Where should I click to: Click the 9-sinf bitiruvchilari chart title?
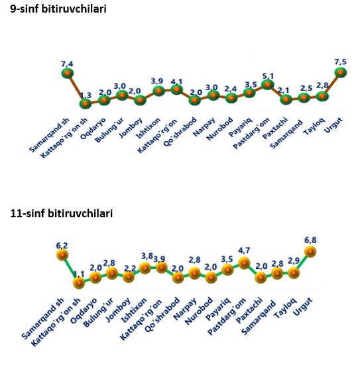58,9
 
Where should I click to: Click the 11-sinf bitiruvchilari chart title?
62,213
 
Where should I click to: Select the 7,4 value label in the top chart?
67,64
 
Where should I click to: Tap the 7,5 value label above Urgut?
340,62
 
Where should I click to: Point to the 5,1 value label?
268,76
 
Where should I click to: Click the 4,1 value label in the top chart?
176,81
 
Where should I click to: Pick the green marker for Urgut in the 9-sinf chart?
341,73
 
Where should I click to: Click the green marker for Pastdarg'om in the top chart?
267,85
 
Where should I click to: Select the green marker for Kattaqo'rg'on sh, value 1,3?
86,103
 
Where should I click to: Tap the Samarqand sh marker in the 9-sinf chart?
68,74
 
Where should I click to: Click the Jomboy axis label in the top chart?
131,128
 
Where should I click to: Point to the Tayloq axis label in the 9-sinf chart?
314,127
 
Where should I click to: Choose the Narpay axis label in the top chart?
204,127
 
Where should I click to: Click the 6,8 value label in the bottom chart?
310,240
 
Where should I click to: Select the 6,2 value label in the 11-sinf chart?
62,246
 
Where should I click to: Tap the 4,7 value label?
244,250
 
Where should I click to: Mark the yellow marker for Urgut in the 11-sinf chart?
310,252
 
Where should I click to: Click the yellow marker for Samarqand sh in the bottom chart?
62,255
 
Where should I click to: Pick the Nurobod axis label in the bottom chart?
199,311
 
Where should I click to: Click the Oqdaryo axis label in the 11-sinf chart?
84,311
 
